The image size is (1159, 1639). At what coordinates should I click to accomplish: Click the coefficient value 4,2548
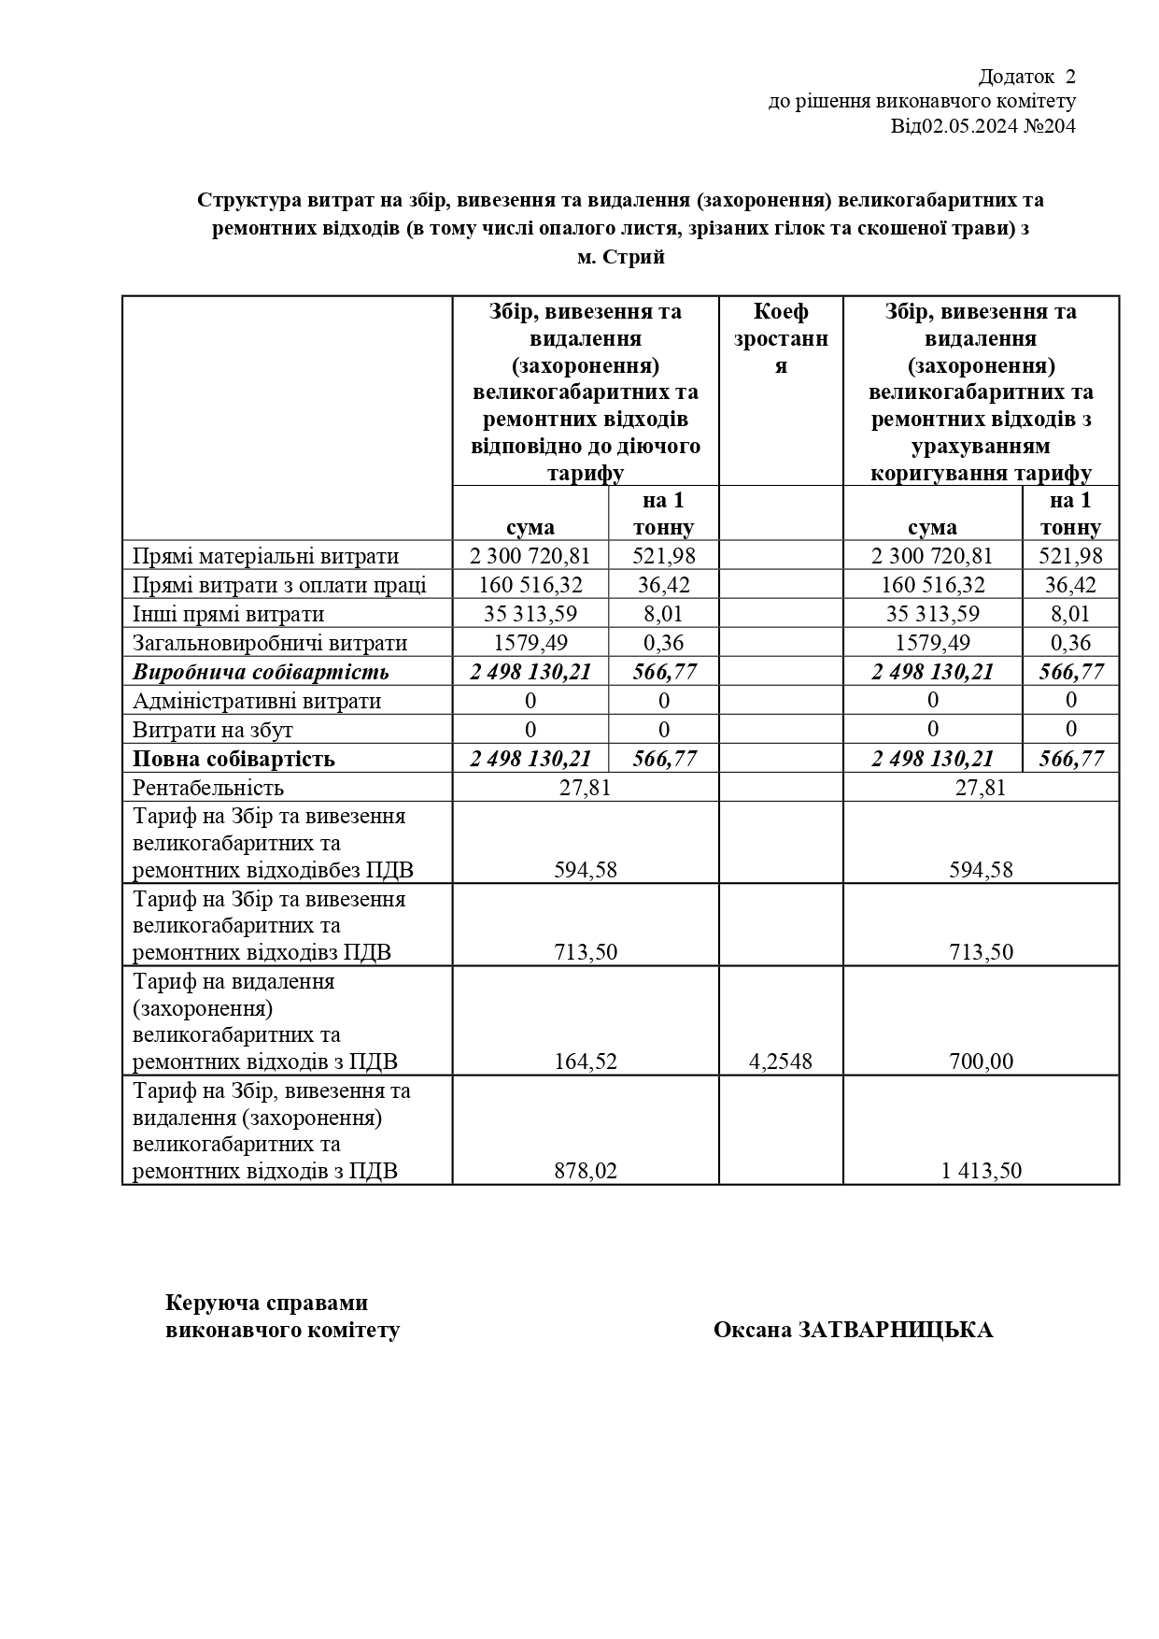click(781, 1062)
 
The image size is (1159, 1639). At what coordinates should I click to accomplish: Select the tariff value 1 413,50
click(981, 1171)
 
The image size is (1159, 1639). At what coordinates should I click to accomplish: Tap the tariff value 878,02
click(586, 1171)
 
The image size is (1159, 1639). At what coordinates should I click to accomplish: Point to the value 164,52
click(586, 1062)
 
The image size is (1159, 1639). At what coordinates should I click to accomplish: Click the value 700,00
click(981, 1062)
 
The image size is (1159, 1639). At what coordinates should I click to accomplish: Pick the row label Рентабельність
click(208, 788)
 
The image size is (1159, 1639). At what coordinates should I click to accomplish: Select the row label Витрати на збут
click(213, 730)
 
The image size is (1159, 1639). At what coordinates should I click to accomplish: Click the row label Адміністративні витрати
click(257, 701)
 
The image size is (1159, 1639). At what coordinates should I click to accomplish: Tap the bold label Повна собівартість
click(233, 759)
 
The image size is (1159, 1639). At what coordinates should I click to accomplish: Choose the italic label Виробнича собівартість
click(261, 672)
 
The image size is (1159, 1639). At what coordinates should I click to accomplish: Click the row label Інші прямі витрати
click(229, 614)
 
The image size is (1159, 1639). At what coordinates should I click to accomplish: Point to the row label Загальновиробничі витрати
click(270, 643)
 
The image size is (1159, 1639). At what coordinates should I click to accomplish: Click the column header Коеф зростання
click(781, 338)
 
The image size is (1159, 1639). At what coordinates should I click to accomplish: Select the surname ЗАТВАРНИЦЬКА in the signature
click(896, 1330)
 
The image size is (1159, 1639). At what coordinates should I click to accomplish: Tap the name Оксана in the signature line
click(753, 1330)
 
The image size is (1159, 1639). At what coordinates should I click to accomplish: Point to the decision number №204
click(1050, 126)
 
